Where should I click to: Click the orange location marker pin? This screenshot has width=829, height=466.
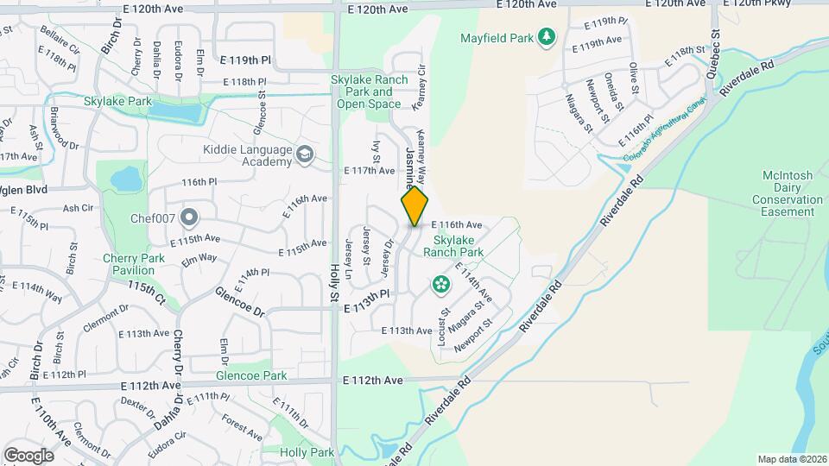415,206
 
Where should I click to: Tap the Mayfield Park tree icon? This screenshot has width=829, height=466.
546,36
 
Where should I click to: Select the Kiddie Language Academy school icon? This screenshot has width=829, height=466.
304,154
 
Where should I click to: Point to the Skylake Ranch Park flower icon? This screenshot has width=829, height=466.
440,284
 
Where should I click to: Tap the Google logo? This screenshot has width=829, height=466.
28,455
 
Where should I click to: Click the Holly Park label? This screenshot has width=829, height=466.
307,452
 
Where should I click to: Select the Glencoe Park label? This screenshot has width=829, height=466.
251,375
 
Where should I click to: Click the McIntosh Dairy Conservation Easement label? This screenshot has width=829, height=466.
788,193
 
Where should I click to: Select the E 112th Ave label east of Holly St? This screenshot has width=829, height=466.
372,380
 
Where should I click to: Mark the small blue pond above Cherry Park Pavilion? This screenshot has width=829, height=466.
127,179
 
